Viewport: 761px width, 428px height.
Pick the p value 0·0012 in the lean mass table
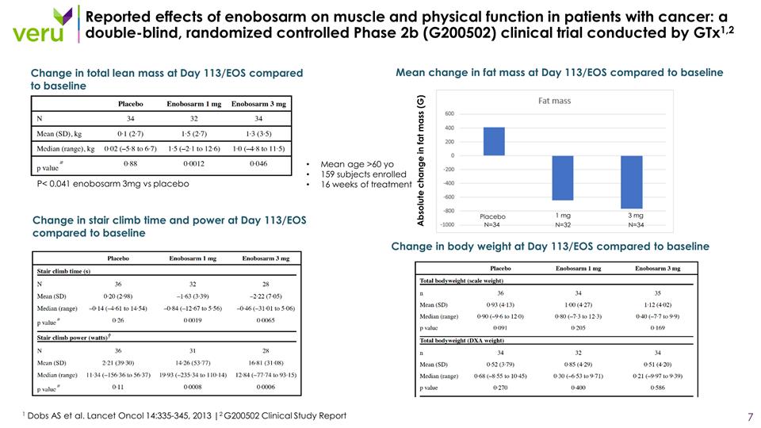pos(193,163)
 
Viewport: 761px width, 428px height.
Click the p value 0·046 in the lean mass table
pos(259,163)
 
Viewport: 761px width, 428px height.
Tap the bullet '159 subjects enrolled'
pos(361,174)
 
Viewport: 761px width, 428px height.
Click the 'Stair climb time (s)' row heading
pos(65,271)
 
